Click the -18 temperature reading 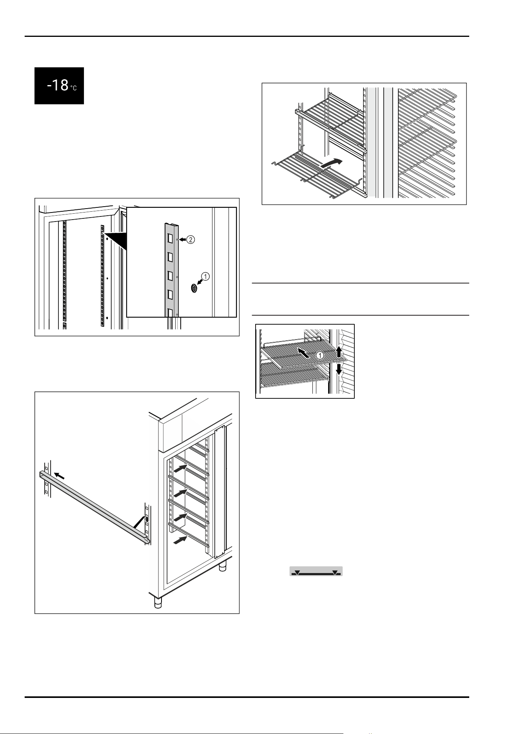pos(58,85)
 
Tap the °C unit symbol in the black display pos(74,88)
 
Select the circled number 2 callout pos(190,240)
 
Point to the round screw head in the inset pos(194,289)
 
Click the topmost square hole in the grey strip pos(171,238)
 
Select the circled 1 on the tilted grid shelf pos(320,356)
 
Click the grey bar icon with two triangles pos(316,571)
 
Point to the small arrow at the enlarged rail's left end pos(60,476)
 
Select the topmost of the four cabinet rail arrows pos(181,467)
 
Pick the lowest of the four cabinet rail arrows pos(181,540)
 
